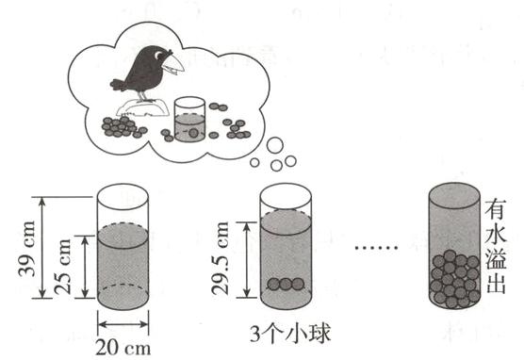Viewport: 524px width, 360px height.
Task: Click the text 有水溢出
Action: coord(495,247)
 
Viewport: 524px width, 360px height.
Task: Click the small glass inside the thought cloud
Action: coord(189,119)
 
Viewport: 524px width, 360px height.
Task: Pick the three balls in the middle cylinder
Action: coord(286,284)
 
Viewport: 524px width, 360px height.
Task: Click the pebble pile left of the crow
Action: coord(120,125)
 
